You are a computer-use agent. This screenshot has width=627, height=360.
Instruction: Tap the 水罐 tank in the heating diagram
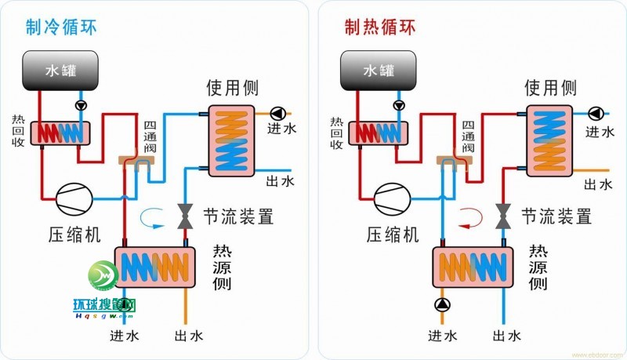[x=380, y=71]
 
